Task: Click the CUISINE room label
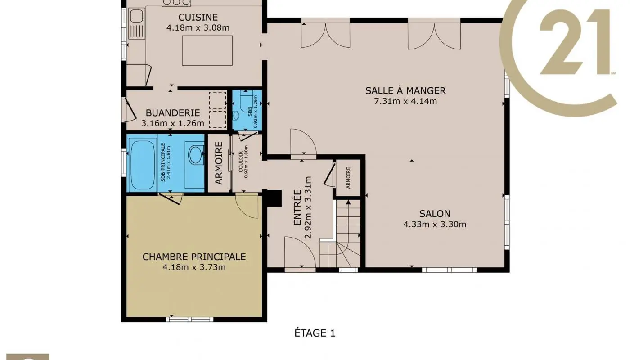[198, 17]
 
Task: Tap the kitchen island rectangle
[207, 50]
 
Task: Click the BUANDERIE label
[167, 113]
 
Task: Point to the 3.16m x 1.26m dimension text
[173, 123]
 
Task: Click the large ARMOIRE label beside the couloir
[219, 163]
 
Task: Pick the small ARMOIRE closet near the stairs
[348, 178]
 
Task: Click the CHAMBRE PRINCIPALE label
[194, 256]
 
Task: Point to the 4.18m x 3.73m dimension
[194, 267]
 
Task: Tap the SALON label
[435, 214]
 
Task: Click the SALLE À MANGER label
[405, 90]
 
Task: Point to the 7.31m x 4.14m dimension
[405, 101]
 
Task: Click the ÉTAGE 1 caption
[315, 333]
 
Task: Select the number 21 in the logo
[574, 43]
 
